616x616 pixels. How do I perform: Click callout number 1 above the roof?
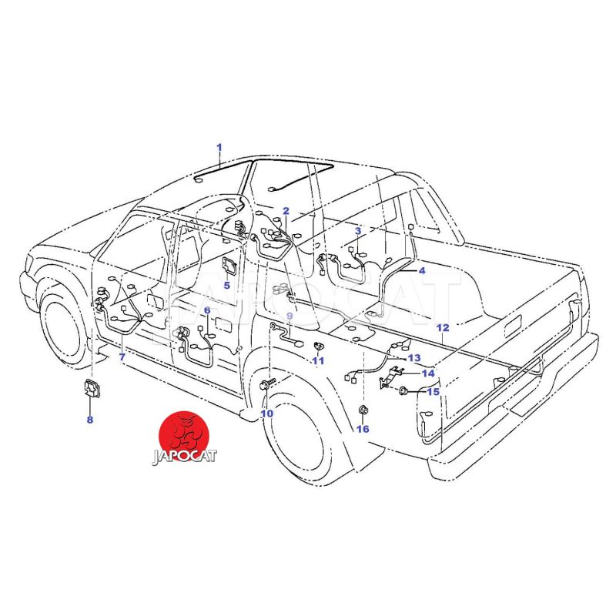(219, 148)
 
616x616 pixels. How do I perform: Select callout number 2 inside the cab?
(286, 211)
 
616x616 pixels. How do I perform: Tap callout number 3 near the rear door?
(358, 231)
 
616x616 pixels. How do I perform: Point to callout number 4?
(422, 271)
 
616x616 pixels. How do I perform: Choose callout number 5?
(226, 286)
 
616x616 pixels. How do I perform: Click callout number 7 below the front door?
(122, 357)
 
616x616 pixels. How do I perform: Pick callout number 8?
(90, 420)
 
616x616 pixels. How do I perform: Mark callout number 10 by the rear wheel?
(266, 413)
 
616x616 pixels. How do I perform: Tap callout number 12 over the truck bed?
(443, 328)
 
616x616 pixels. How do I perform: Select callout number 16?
(363, 429)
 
